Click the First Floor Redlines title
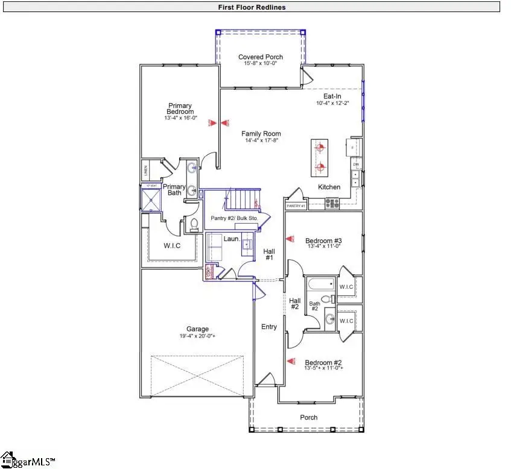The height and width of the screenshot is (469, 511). click(x=252, y=7)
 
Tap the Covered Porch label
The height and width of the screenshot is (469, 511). click(x=260, y=57)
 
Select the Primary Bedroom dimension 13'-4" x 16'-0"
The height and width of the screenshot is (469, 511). click(x=180, y=118)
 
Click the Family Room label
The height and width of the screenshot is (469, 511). click(x=261, y=134)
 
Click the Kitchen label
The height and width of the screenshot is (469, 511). click(x=329, y=187)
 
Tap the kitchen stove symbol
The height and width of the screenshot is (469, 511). click(x=332, y=203)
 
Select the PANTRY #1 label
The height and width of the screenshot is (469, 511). click(x=296, y=206)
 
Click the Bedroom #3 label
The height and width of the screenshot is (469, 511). click(x=323, y=240)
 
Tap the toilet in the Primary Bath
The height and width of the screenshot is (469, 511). click(x=194, y=225)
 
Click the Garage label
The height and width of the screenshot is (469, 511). click(x=197, y=329)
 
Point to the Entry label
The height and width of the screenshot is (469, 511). click(x=269, y=327)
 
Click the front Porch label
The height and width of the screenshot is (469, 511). click(x=308, y=417)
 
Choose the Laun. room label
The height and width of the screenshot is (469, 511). click(x=232, y=239)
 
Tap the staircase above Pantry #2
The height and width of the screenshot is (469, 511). click(x=241, y=198)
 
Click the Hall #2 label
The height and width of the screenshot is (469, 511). click(x=294, y=303)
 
